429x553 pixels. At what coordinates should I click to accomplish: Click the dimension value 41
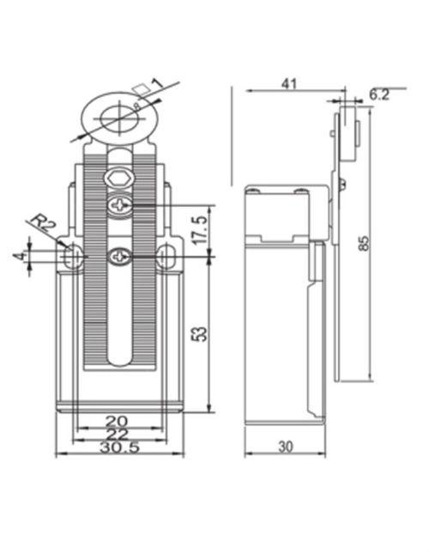pos(288,83)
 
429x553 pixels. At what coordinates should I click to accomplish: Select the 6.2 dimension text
pos(380,94)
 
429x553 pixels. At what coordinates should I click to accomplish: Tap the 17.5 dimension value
pos(199,229)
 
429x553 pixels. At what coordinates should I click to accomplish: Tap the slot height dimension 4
pos(17,256)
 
